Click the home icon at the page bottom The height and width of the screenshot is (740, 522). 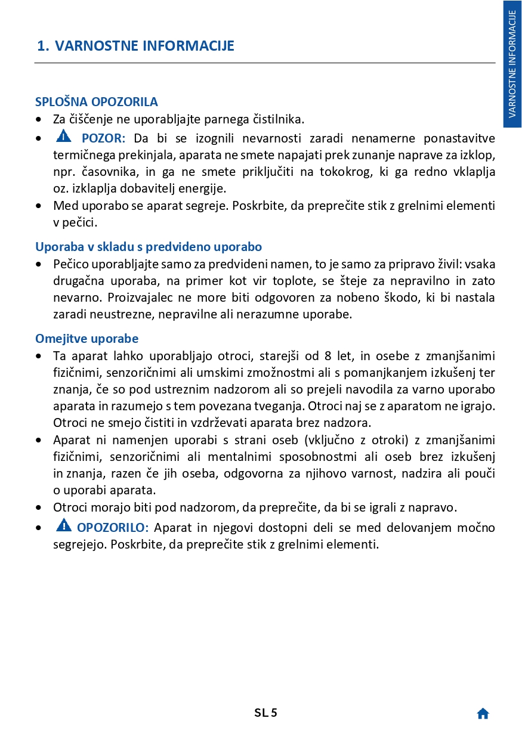pos(483,714)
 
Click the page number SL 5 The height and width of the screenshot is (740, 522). pos(265,713)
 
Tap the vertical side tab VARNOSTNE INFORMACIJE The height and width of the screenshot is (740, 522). pos(512,64)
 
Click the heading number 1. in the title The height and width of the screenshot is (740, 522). pos(43,46)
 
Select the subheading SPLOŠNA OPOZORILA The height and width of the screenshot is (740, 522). pos(97,102)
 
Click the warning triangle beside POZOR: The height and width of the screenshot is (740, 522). pos(63,138)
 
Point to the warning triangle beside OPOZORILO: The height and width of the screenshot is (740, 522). pos(63,526)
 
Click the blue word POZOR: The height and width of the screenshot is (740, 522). pos(103,139)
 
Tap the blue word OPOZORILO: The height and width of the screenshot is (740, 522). pos(113,528)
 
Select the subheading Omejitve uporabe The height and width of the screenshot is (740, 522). pos(87,339)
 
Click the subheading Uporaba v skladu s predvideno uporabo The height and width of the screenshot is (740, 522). pos(149,247)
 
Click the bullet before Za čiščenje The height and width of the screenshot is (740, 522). pos(39,120)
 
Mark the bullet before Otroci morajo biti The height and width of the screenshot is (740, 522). pos(39,509)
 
